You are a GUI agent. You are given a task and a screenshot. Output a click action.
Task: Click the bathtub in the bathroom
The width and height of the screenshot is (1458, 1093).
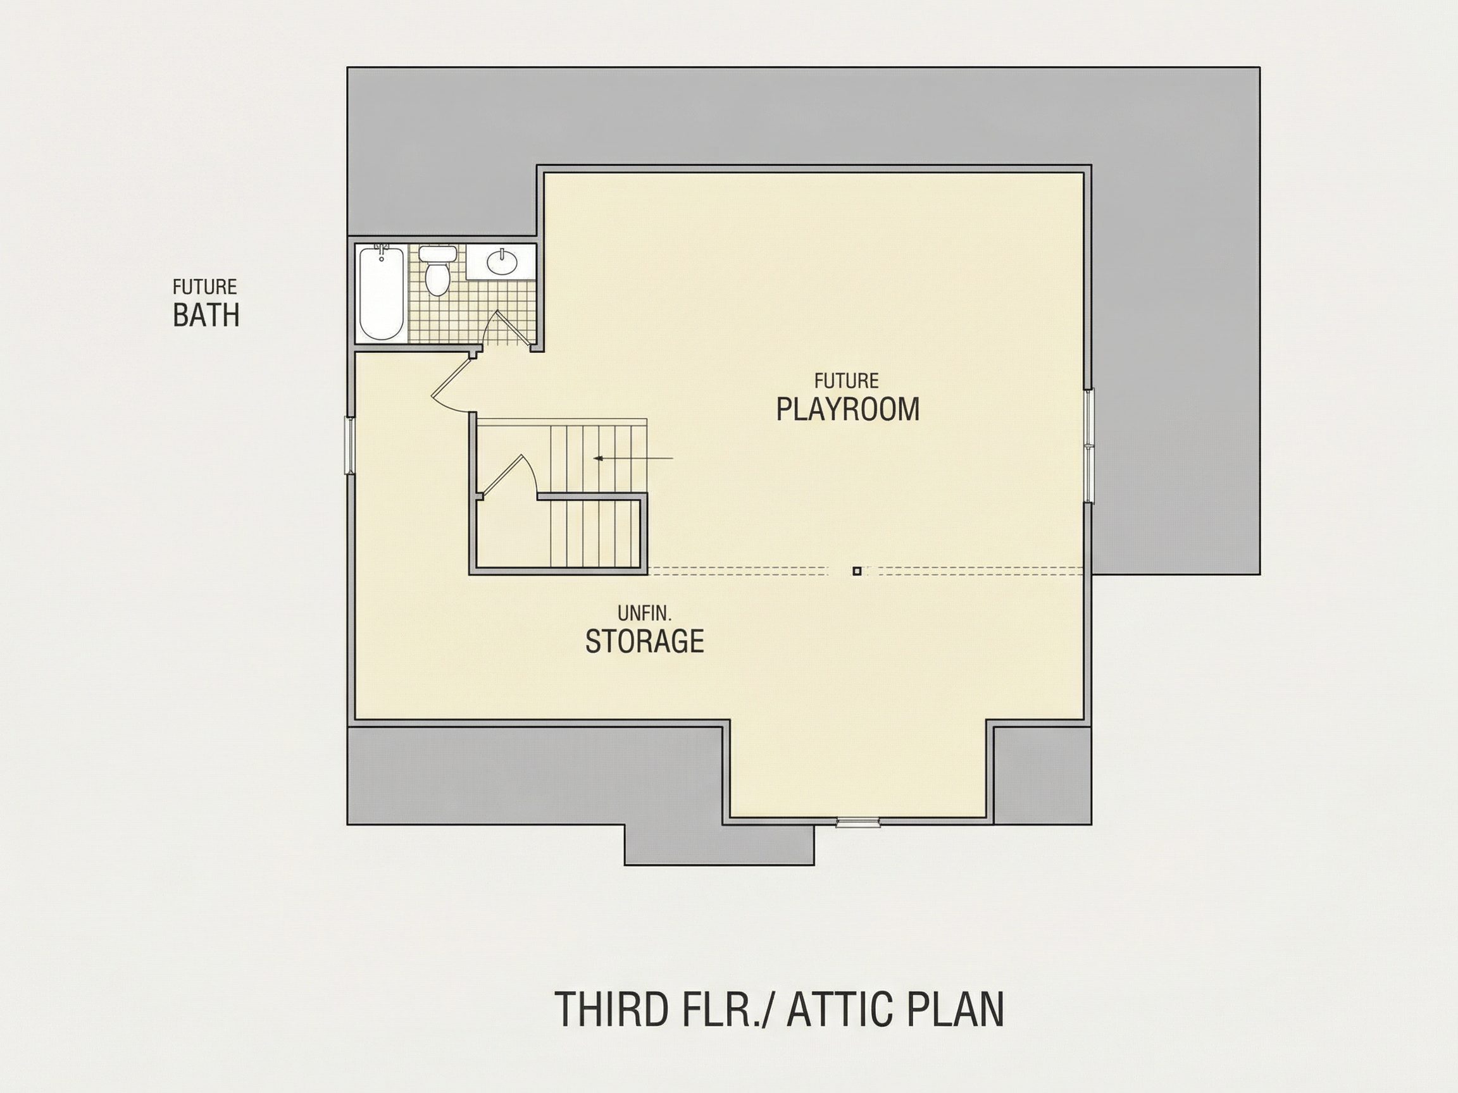tap(382, 292)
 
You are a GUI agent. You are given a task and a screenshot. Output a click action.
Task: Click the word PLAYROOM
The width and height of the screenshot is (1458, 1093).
tap(847, 409)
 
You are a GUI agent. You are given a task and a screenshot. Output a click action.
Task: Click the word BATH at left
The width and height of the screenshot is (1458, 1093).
tap(206, 316)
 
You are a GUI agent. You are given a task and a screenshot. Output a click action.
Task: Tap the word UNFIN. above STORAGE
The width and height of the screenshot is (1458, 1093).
tap(644, 614)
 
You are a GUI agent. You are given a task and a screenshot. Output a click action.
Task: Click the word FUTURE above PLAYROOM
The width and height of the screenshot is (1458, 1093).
tap(846, 381)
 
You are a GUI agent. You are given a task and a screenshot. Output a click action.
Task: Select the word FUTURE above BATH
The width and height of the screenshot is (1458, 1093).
tap(204, 287)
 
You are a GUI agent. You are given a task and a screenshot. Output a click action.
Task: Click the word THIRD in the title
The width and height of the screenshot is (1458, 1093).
tap(612, 1010)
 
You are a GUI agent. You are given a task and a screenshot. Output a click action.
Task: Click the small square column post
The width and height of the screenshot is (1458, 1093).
tap(857, 571)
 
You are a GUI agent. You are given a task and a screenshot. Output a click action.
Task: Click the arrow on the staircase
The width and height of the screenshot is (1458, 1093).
tap(633, 458)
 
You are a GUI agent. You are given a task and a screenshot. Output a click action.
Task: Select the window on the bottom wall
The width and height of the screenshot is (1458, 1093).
tap(858, 822)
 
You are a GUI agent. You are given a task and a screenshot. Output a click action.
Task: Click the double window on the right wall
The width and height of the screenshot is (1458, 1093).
tap(1089, 446)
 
